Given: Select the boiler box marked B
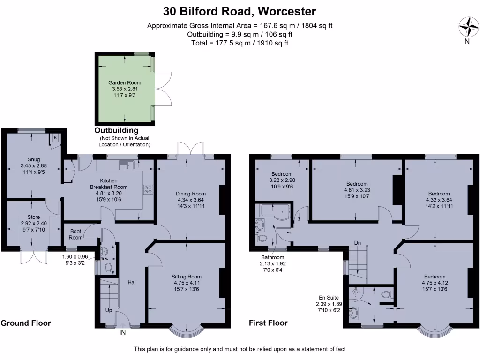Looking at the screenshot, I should coord(55,138).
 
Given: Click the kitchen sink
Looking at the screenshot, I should coord(127,165).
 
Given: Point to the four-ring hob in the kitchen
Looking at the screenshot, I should coord(149,189).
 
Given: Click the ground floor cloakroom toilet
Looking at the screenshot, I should coord(108,268).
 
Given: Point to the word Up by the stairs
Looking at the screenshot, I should coord(108,310).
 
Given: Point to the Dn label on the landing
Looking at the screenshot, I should coord(358,243).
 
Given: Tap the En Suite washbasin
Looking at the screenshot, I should coord(353,313).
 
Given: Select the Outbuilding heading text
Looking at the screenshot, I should coord(116,130).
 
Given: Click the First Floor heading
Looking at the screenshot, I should coord(269,323).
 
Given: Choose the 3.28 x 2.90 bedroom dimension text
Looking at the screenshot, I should coord(282,180).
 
